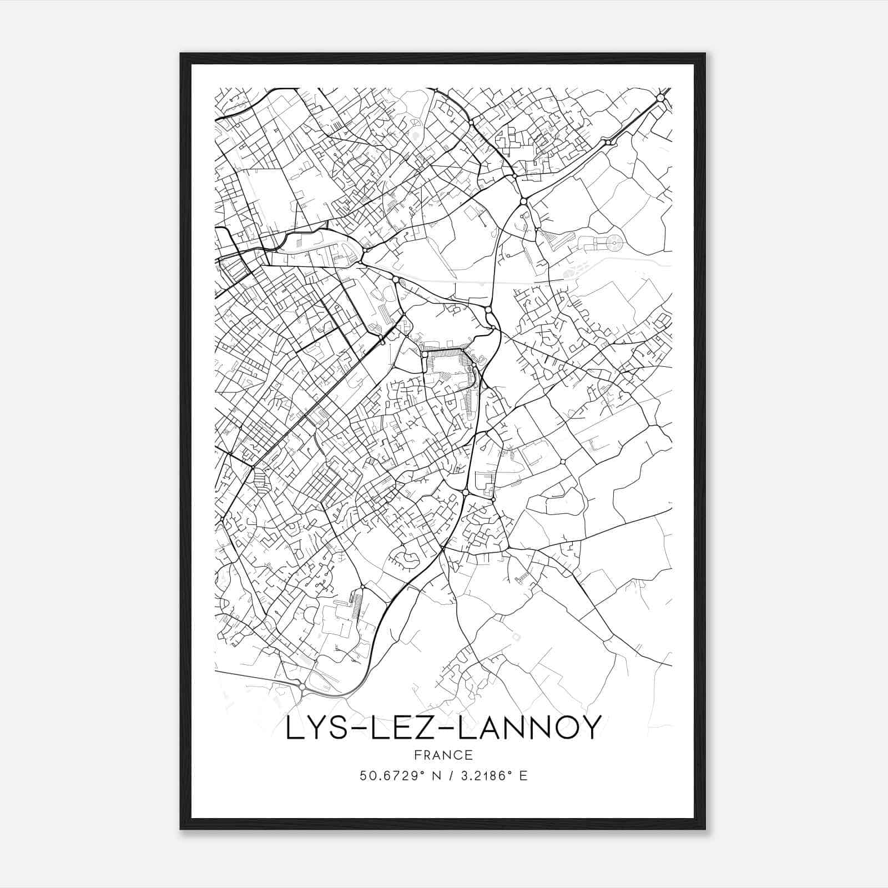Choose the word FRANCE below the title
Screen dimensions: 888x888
click(443, 755)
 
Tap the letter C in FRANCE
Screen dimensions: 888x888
click(458, 755)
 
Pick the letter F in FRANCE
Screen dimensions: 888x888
click(417, 755)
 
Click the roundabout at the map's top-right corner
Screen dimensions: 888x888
click(660, 98)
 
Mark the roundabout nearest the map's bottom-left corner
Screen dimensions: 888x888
click(301, 687)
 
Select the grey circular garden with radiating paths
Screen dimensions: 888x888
click(614, 241)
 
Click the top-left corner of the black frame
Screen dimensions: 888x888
click(181, 54)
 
